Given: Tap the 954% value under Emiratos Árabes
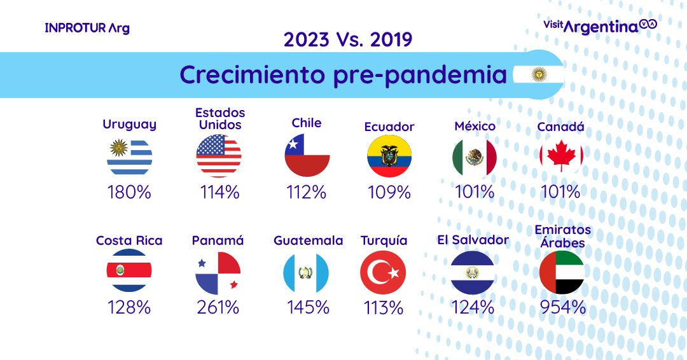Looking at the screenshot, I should point(562,307).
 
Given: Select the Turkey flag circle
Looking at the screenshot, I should point(383,272).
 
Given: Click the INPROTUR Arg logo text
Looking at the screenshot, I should point(87,29).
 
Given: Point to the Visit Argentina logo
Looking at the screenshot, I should point(600,25).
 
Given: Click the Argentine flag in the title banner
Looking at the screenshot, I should point(538,75).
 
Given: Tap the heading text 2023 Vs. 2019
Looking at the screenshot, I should point(347,39).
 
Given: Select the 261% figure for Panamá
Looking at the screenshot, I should point(218,307).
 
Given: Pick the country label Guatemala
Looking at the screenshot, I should point(308,240).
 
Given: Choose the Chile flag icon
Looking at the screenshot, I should point(307,155).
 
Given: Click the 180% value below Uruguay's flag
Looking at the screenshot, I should point(130,191).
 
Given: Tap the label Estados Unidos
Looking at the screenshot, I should point(220,119).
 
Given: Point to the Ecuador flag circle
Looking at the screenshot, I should point(389,156).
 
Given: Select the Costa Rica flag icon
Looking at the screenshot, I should point(129,271).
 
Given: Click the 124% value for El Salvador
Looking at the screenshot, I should point(473,307).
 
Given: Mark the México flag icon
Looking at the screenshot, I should point(475,156).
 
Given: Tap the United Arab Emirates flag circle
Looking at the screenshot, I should point(562,272).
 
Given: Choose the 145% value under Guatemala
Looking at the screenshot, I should point(308,307).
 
